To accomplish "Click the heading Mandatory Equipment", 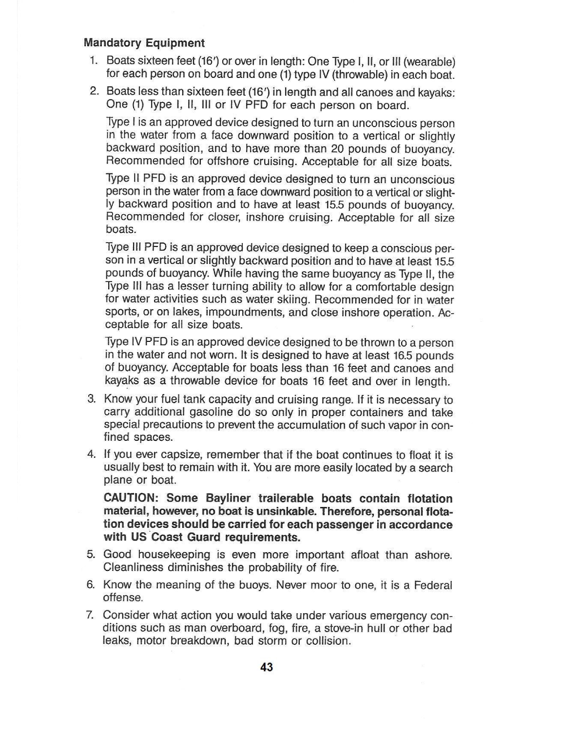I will pyautogui.click(x=144, y=43).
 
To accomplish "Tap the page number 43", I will pyautogui.click(x=267, y=667).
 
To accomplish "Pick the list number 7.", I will pyautogui.click(x=90, y=615).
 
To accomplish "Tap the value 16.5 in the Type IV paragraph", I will pyautogui.click(x=402, y=356).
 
